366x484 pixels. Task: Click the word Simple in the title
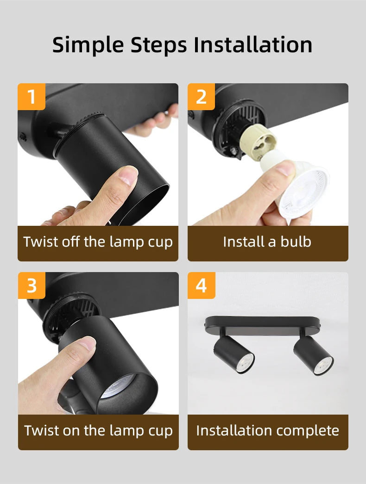(88, 45)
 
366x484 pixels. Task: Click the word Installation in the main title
(252, 45)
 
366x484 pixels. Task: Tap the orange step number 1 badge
(32, 97)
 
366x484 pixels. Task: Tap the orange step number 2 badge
(201, 97)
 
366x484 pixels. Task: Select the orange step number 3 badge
(32, 285)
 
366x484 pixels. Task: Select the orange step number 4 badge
(201, 285)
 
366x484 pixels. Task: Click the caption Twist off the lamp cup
(98, 242)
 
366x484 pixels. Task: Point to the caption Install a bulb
(267, 242)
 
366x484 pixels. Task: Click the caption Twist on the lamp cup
(98, 431)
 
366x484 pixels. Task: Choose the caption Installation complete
(267, 431)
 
